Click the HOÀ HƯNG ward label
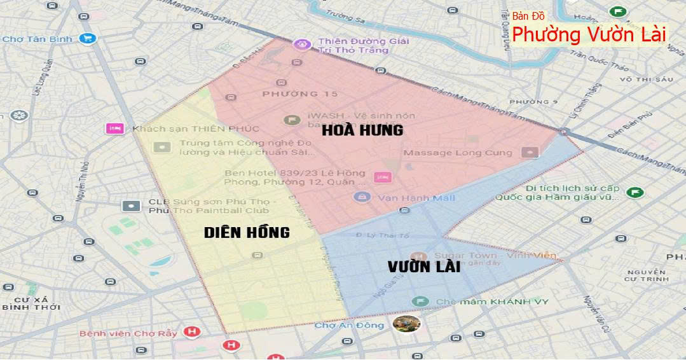pos(362,130)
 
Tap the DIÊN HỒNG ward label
pos(247,232)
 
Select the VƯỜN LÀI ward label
pos(423,267)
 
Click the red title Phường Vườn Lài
pos(589,34)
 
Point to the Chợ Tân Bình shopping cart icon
pos(87,39)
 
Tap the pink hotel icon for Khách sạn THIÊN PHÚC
pos(115,128)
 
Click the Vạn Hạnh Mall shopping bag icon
pos(362,197)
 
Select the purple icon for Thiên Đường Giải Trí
pos(301,44)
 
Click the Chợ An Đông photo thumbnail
pos(406,324)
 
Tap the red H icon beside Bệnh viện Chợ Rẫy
pos(191,332)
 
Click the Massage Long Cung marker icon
pos(529,153)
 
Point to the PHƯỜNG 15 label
pos(291,94)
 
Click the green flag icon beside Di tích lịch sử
pos(634,192)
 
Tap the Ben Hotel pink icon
pos(382,177)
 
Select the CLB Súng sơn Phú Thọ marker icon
pos(131,206)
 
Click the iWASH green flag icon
pos(292,120)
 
